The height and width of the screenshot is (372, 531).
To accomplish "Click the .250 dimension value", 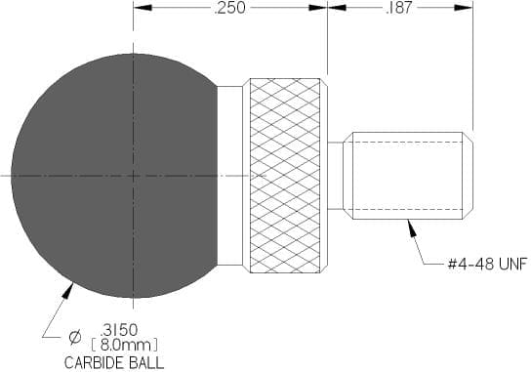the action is point(229,8).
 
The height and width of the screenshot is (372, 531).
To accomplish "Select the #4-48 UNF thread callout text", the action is point(488,264).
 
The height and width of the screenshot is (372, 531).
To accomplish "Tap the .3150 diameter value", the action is point(119,329).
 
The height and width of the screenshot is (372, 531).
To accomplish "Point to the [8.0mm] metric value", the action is point(125,346).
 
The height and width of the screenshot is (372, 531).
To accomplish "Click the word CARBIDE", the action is point(92,363).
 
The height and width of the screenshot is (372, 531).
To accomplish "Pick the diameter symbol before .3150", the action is point(75,337).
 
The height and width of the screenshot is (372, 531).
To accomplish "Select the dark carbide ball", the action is point(114,176).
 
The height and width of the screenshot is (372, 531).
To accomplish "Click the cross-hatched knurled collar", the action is point(285,176).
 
